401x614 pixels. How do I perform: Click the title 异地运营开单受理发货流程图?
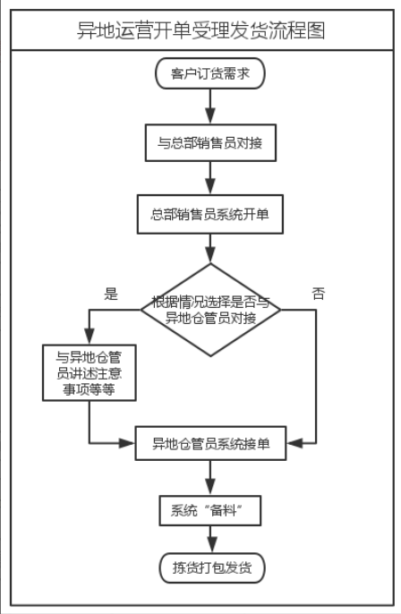tap(200, 30)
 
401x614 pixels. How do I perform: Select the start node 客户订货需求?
tap(210, 73)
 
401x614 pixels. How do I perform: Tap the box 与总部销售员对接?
tap(210, 142)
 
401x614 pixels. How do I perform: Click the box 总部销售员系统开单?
tap(209, 214)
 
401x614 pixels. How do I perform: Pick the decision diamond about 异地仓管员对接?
tap(210, 310)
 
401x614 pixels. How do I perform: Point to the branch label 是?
tap(111, 294)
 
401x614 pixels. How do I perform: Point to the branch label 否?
tap(319, 294)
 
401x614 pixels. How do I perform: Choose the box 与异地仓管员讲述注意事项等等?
tap(90, 372)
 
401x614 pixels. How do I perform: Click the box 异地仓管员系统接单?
tap(210, 443)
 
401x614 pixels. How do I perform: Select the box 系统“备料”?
tap(209, 510)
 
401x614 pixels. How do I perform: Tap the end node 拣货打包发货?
tap(212, 567)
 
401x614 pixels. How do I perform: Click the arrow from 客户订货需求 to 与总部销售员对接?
tap(210, 107)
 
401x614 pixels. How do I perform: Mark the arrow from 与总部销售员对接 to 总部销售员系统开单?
tap(210, 178)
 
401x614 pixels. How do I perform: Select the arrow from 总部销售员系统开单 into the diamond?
tap(210, 249)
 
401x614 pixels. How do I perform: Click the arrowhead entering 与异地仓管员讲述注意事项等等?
tap(90, 337)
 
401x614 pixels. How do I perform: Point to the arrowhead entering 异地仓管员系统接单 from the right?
tap(294, 443)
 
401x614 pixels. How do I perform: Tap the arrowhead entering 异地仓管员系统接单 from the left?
tap(127, 443)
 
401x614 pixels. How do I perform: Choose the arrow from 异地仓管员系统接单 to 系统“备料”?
tap(210, 478)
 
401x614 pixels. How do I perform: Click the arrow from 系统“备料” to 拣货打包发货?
tap(212, 539)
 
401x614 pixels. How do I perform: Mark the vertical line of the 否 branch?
tap(316, 376)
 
